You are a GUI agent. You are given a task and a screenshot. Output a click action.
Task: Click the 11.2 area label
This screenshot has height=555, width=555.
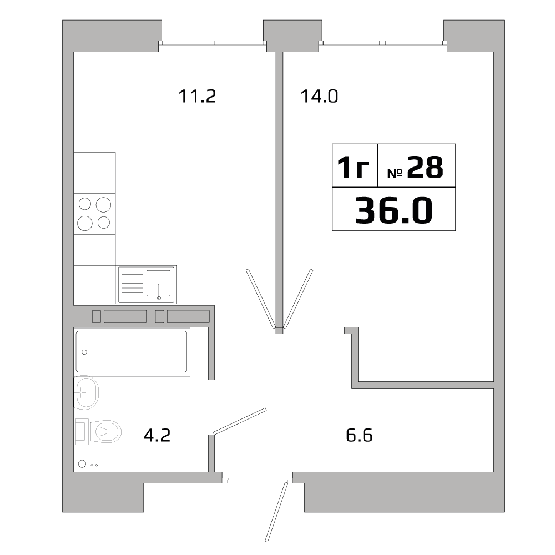[x=196, y=97]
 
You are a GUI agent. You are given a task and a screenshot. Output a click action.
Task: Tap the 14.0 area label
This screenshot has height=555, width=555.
[x=319, y=97]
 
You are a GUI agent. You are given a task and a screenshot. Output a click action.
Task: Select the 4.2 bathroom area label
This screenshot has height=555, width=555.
[x=157, y=435]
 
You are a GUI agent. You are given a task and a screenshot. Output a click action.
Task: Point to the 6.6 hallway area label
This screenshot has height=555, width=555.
[x=359, y=435]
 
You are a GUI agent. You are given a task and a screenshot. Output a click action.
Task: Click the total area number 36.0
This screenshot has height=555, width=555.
[x=393, y=211]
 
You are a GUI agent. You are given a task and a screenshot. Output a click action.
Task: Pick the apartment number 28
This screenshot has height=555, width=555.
[x=425, y=167]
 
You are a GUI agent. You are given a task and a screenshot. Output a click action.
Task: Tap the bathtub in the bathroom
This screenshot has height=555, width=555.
[x=132, y=351]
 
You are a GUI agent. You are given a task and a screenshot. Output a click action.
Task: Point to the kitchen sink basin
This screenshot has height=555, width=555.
[x=158, y=284]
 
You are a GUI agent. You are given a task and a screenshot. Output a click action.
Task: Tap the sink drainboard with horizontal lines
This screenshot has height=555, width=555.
[x=132, y=284]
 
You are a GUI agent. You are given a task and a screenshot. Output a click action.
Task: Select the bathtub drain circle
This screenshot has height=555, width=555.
[x=84, y=352]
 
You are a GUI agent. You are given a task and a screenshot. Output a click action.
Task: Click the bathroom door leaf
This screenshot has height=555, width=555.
[x=240, y=420]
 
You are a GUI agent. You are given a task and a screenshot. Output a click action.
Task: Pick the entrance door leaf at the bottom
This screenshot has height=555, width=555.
[x=276, y=511]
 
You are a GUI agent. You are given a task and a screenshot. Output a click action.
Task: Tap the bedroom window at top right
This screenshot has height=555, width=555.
[x=383, y=43]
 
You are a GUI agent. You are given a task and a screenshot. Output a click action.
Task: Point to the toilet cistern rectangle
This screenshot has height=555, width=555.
[x=82, y=431]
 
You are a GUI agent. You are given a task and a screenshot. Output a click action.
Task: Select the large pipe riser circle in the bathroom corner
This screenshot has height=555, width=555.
[x=82, y=464]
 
